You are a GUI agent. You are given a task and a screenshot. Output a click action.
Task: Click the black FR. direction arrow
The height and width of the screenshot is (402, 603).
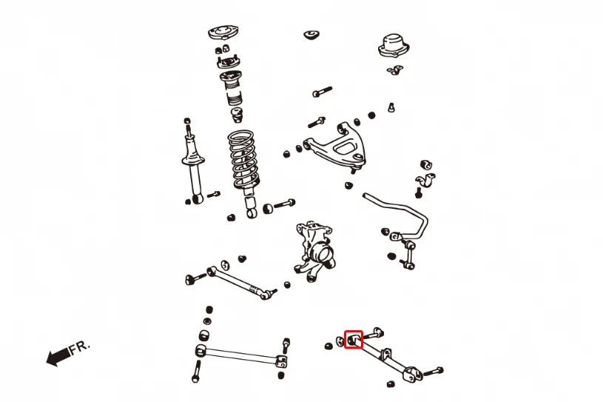58,356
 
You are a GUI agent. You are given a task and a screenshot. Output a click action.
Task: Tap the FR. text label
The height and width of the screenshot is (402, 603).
80,347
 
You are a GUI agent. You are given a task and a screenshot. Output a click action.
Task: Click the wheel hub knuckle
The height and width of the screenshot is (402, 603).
314,250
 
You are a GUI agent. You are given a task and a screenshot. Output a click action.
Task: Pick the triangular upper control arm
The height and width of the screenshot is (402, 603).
335,145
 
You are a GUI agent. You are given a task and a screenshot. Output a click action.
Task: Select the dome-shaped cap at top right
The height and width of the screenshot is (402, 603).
394,45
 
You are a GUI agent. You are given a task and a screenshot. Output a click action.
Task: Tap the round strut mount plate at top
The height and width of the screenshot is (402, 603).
223,33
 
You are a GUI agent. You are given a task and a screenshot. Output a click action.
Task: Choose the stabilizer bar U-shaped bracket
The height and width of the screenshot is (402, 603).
425,181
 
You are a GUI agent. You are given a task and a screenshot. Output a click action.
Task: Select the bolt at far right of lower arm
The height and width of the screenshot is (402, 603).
434,372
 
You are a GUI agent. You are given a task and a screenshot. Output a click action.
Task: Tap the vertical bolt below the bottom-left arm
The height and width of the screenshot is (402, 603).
197,371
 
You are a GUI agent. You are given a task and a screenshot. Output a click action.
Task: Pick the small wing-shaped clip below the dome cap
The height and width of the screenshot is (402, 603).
394,70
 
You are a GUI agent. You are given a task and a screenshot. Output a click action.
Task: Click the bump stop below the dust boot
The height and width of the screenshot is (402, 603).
237,115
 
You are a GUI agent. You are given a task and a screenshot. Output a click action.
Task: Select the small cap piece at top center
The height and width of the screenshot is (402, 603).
311,35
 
